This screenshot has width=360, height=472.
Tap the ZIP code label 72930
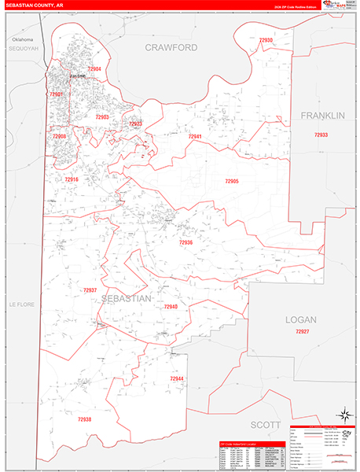266,39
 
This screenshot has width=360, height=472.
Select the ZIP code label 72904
94,69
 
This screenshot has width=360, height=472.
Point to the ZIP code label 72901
57,94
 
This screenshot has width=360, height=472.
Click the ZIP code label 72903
101,116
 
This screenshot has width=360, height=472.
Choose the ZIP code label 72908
59,136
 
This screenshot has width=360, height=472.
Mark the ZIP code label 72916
72,179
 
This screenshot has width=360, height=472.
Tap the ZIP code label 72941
195,136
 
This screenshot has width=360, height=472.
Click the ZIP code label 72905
231,181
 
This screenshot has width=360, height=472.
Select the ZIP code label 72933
321,135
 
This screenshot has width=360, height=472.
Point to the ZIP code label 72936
186,242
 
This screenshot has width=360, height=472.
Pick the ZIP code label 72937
90,290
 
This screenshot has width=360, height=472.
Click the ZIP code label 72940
171,307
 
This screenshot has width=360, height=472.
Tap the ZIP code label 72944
176,379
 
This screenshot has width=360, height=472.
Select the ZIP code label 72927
303,332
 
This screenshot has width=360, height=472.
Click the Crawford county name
170,48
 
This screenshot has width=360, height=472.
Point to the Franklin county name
322,116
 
